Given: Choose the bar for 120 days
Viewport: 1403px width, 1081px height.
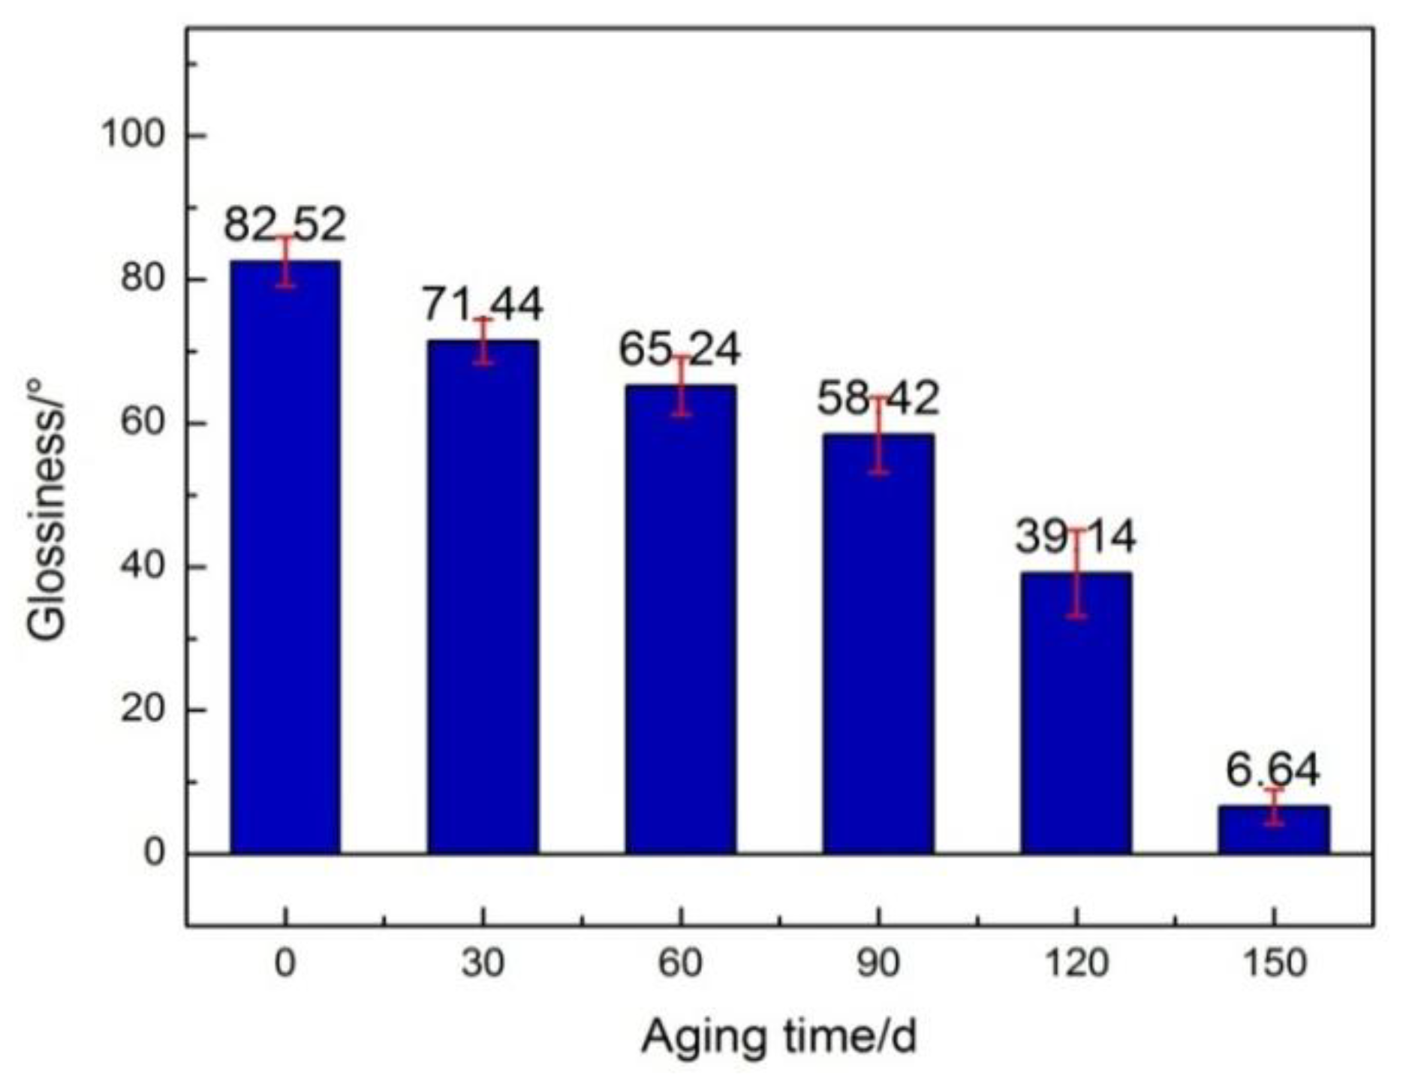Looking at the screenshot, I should tap(1076, 713).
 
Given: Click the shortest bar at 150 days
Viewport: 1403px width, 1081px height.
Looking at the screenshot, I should tap(1273, 830).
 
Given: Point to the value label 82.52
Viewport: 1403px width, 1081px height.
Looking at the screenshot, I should tap(285, 224).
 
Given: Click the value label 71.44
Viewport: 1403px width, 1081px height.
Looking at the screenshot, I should tap(482, 304).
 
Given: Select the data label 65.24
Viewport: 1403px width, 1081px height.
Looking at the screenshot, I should tap(679, 349).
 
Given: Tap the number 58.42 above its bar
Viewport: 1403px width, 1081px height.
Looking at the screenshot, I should tap(878, 398).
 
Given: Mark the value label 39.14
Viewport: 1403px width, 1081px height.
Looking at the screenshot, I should tap(1075, 536).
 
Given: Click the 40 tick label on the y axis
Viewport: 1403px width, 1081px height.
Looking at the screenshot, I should tap(143, 567).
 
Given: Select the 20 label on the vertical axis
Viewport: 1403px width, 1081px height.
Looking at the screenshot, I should tap(143, 710).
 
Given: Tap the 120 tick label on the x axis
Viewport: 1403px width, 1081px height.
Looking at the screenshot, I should tap(1076, 963).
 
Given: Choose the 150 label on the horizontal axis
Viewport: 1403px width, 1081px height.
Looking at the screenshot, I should tap(1273, 963).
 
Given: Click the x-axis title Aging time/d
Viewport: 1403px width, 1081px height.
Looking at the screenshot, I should tap(778, 1038).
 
